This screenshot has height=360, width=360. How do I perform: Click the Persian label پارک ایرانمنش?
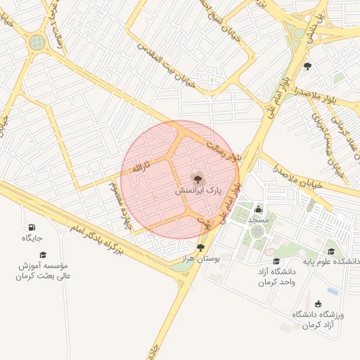[198, 191]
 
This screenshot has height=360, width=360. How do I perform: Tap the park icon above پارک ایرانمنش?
[195, 179]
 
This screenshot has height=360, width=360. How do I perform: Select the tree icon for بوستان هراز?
[202, 247]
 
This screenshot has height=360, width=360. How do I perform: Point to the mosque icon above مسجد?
[258, 209]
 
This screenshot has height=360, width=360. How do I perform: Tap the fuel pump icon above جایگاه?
[32, 226]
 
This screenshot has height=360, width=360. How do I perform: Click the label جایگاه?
[32, 238]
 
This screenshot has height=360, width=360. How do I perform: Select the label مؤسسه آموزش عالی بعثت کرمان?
[44, 271]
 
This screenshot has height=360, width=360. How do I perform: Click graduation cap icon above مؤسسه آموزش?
[43, 255]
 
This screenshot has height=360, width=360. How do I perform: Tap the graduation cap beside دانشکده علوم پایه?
[330, 251]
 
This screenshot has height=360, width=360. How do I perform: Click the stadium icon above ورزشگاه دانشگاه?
[319, 304]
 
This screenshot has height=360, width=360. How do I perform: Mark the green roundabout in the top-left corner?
[37, 42]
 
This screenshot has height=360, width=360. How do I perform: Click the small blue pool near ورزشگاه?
[333, 290]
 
